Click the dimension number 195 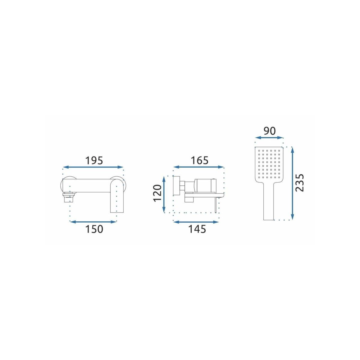(x=94, y=160)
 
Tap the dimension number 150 (x=94, y=229)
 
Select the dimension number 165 (x=199, y=160)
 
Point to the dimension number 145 (x=197, y=229)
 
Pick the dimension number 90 (x=270, y=131)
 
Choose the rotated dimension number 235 (x=300, y=182)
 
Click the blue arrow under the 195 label (x=93, y=167)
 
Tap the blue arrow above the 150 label (x=93, y=222)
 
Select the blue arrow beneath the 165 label (x=199, y=167)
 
